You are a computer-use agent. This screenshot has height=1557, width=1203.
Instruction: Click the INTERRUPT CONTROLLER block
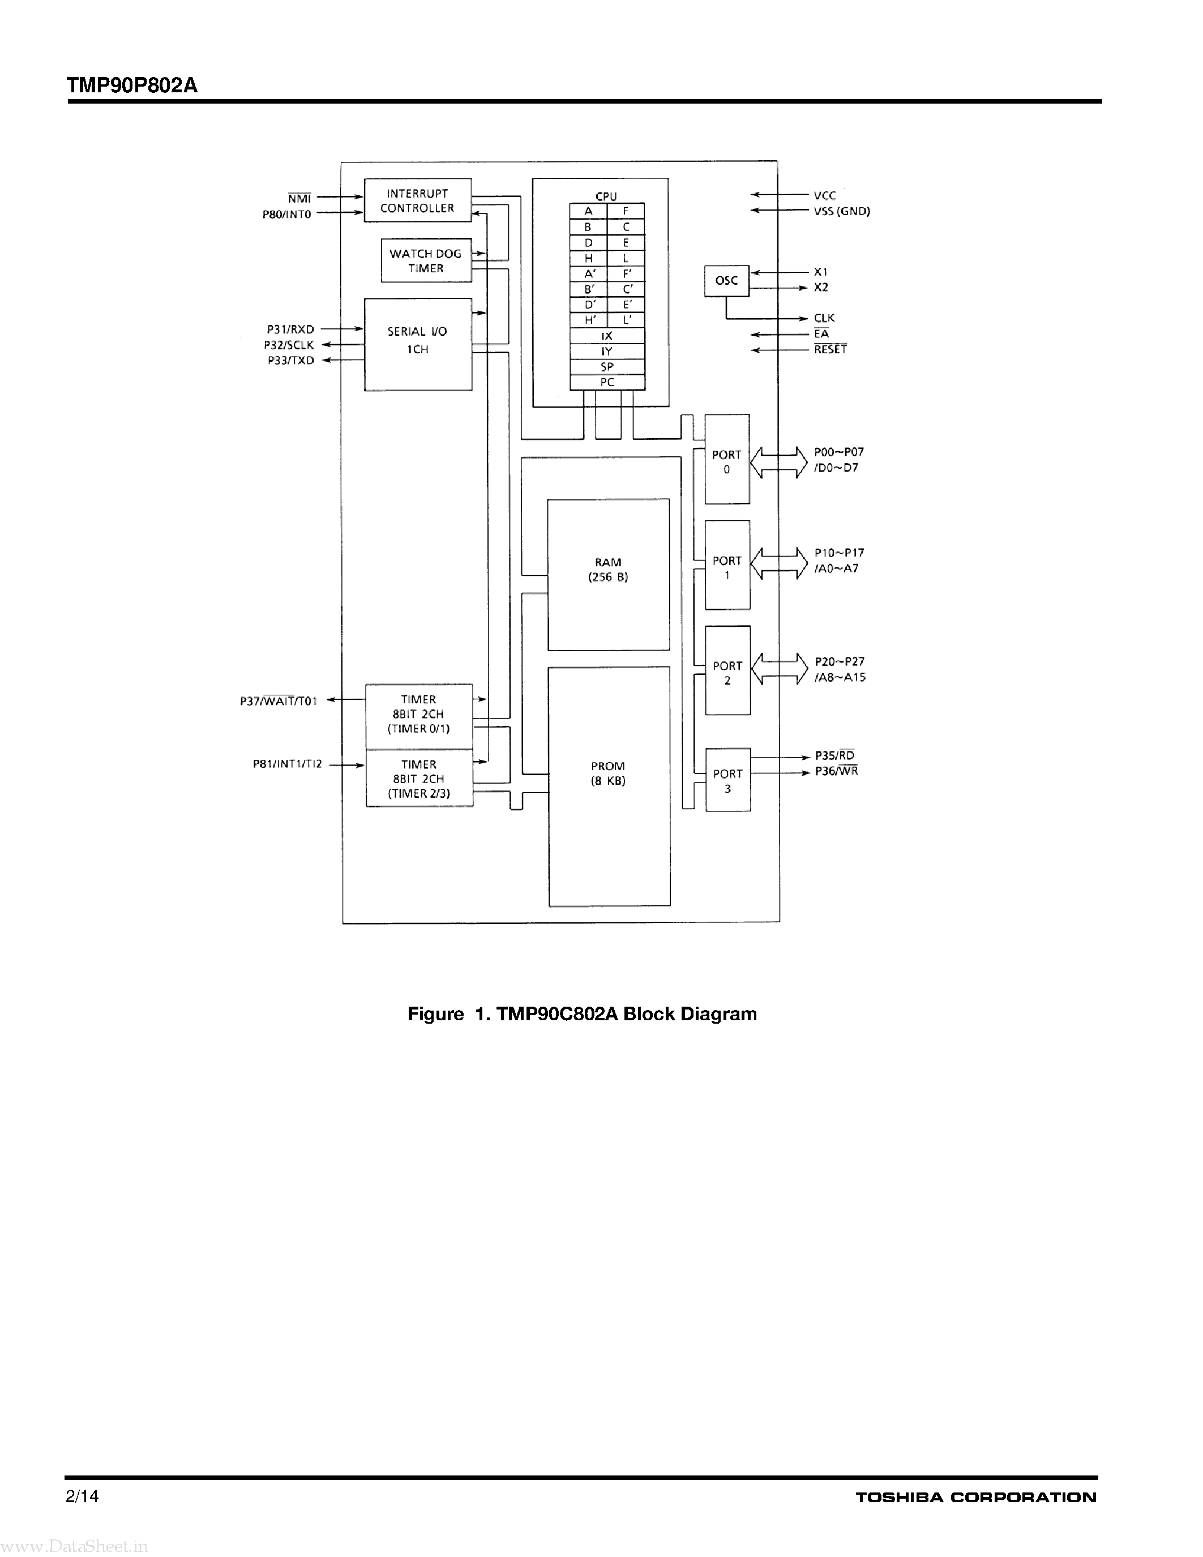[x=418, y=200]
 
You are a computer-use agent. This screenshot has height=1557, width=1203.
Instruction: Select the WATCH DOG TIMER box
[x=426, y=261]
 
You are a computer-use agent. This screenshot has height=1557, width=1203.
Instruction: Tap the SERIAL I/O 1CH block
[x=418, y=344]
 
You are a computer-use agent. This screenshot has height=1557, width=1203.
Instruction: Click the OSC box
[x=726, y=281]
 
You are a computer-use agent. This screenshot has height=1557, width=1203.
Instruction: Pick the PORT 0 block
[x=727, y=459]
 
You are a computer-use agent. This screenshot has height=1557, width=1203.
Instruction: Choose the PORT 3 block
[x=727, y=780]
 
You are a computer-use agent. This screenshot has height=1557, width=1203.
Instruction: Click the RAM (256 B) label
[x=608, y=570]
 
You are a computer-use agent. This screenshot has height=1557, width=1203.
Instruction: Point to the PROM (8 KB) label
[x=608, y=773]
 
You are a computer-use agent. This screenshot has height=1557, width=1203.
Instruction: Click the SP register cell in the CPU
[x=607, y=367]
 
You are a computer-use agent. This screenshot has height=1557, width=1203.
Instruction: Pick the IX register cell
[x=607, y=336]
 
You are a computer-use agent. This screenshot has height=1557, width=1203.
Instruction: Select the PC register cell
[x=607, y=383]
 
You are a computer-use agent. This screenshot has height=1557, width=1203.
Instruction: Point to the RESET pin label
[x=830, y=349]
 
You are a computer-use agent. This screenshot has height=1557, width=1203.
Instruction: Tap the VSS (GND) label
[x=842, y=212]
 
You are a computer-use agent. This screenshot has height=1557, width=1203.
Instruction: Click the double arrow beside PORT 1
[x=779, y=563]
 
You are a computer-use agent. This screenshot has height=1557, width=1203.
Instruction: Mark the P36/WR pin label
[x=837, y=771]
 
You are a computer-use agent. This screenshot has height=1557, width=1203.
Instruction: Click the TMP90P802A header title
[x=132, y=85]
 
